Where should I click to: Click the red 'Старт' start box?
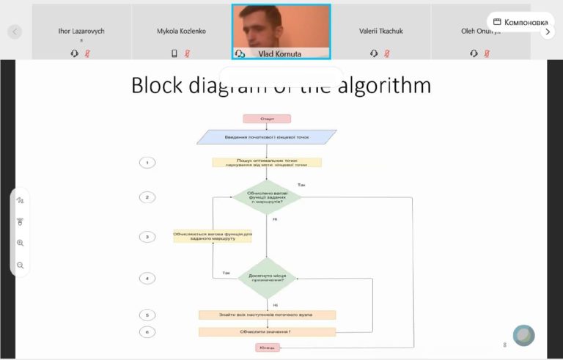pos(267,119)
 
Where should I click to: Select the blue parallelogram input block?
pos(267,137)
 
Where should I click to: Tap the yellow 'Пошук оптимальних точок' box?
pos(267,163)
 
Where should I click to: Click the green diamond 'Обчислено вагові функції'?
pos(267,197)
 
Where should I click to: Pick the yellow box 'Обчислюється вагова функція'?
pos(213,236)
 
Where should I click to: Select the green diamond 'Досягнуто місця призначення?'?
pos(267,277)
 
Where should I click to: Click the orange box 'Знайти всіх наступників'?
pos(267,315)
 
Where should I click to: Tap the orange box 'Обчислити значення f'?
pos(267,331)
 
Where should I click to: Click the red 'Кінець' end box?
pos(267,347)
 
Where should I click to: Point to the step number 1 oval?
pos(147,163)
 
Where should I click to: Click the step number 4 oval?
pos(147,278)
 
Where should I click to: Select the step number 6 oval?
pos(147,331)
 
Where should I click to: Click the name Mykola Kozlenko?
pos(181,32)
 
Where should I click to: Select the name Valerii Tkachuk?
pos(380,32)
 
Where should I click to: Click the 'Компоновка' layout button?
pos(520,22)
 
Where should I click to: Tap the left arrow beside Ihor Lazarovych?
pos(15,32)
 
